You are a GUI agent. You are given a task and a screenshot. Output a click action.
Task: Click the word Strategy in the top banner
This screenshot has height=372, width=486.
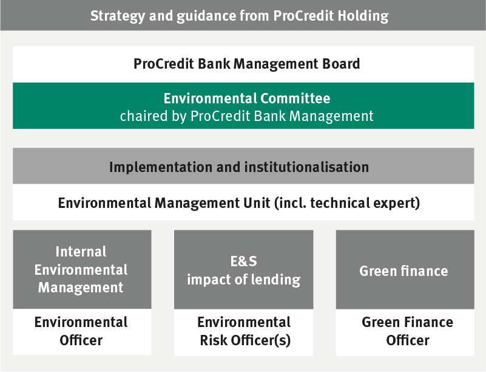click(118, 16)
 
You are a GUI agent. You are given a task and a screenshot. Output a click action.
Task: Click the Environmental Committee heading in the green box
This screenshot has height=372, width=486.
click(247, 98)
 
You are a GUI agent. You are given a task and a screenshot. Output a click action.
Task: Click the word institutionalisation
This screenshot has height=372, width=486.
click(306, 167)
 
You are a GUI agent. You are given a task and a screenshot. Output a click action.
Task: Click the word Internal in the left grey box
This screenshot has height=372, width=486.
click(81, 252)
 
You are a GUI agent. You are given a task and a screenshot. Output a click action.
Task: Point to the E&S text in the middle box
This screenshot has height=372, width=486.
click(244, 261)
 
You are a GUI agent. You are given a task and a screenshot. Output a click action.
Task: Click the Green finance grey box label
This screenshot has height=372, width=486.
click(403, 270)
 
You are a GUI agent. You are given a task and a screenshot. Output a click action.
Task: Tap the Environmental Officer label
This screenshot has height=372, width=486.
click(81, 331)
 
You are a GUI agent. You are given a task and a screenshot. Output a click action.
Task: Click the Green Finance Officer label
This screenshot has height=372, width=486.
click(407, 331)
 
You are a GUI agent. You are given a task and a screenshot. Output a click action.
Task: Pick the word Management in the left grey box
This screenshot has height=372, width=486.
click(81, 288)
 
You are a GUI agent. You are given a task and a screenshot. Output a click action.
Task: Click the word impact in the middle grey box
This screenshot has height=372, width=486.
click(209, 280)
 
